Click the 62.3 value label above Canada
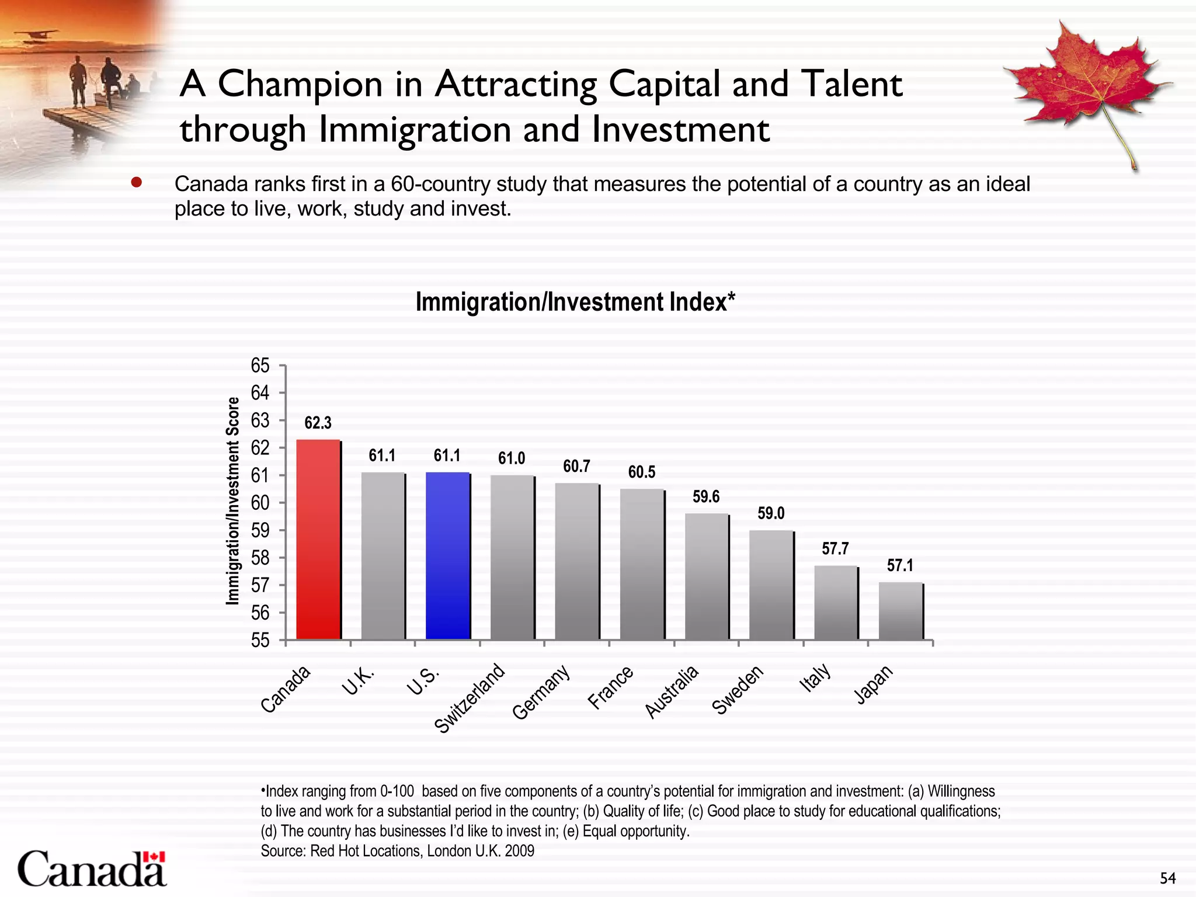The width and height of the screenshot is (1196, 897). point(318,423)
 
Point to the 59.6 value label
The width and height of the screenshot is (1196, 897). point(706,497)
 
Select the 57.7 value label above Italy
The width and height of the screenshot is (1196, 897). point(835,549)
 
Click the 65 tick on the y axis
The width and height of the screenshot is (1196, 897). point(260,366)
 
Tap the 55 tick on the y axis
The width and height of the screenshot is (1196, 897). point(260,641)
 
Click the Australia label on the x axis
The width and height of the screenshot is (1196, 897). point(672,692)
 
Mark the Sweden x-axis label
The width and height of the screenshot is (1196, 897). point(738,690)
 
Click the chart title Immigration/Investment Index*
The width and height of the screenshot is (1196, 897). point(575,303)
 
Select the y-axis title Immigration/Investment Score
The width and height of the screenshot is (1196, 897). point(233,501)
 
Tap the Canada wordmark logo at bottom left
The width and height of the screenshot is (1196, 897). point(92,869)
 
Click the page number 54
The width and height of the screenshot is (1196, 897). point(1167,878)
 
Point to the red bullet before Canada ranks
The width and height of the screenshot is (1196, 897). point(137,183)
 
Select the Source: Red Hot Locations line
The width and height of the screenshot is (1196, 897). point(397,851)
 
